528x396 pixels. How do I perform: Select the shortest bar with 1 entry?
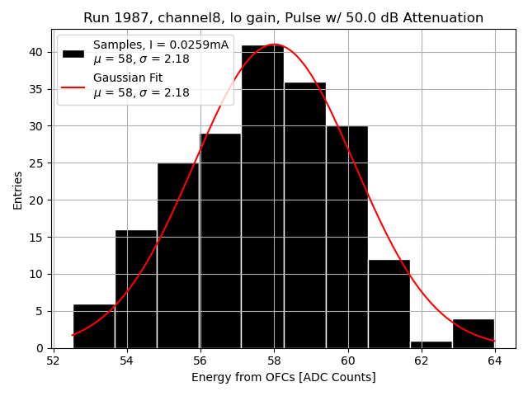(431, 345)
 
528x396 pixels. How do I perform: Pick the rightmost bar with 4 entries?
(474, 333)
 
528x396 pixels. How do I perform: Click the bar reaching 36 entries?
(305, 214)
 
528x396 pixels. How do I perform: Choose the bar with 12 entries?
(389, 304)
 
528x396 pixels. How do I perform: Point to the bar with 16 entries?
(136, 289)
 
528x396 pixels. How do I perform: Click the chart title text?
(283, 18)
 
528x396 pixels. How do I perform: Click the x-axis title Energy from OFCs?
(283, 377)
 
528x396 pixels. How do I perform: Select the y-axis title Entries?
(18, 189)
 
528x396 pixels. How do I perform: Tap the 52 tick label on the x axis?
(54, 361)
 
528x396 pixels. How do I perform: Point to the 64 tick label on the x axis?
(495, 361)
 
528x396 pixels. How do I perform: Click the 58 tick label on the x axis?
(275, 361)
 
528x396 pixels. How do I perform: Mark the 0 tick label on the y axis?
(40, 348)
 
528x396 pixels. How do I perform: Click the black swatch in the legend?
(73, 53)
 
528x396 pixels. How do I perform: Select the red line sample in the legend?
(73, 86)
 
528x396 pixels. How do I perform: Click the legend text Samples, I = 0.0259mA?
(161, 45)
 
